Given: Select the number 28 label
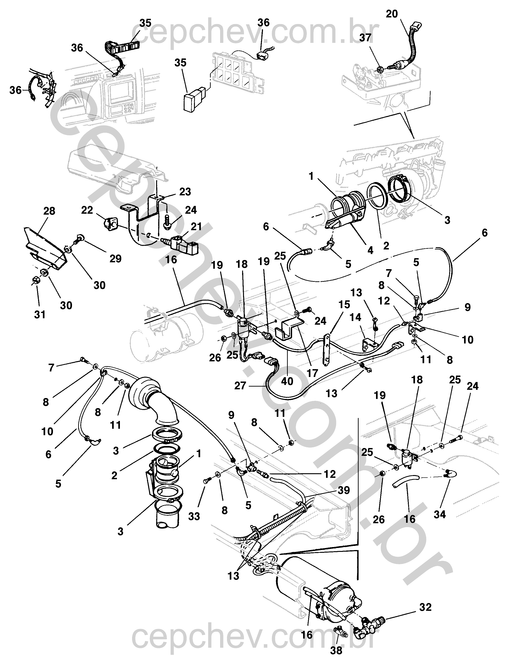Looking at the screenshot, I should (x=49, y=211).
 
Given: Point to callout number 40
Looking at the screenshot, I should (x=287, y=381).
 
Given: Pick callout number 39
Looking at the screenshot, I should (x=344, y=490).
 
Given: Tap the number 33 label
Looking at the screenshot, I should (x=194, y=516).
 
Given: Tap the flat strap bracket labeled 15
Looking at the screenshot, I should (x=326, y=349).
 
